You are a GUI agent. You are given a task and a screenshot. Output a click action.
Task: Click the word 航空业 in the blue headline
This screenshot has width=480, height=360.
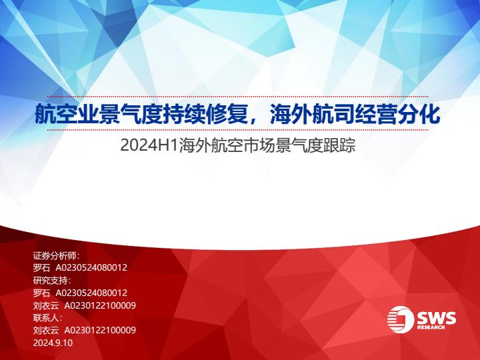pos(66,114)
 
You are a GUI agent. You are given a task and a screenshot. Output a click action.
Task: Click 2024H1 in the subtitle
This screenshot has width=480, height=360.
pos(149,145)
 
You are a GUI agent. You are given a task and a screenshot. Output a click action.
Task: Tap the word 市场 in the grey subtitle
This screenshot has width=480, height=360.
pos(261,145)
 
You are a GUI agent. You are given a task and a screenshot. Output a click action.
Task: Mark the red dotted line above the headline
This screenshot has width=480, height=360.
pos(237,97)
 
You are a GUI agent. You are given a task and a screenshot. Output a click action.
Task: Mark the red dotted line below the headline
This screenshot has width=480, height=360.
pos(237,130)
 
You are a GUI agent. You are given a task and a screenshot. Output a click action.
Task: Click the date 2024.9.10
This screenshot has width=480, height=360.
pos(53,343)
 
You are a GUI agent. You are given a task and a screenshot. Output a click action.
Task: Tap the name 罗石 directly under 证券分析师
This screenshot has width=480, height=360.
pos(41,268)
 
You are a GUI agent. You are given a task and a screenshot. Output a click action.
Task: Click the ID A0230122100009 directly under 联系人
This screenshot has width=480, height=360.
pos(100,330)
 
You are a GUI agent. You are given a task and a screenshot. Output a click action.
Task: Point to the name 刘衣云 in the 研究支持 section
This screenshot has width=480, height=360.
pos(45,305)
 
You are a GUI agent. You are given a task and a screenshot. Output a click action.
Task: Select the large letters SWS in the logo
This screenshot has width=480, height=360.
pos(436,318)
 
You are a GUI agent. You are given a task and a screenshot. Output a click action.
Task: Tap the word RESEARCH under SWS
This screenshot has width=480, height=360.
pos(431,327)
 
